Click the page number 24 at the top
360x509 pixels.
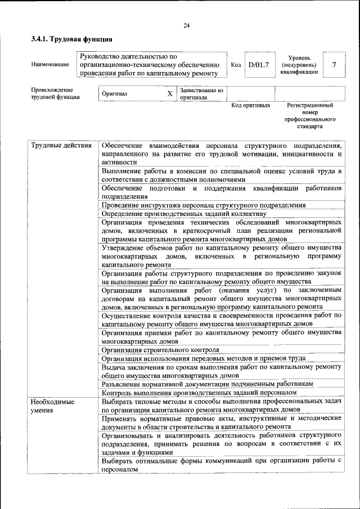186,25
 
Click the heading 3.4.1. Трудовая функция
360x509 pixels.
72,39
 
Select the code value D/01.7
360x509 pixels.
259,65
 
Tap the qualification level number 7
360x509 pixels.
334,65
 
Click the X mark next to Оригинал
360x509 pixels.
169,93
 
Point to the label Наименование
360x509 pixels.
51,65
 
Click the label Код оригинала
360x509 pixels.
251,105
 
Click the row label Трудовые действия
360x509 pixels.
61,146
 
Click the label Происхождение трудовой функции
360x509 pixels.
55,93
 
